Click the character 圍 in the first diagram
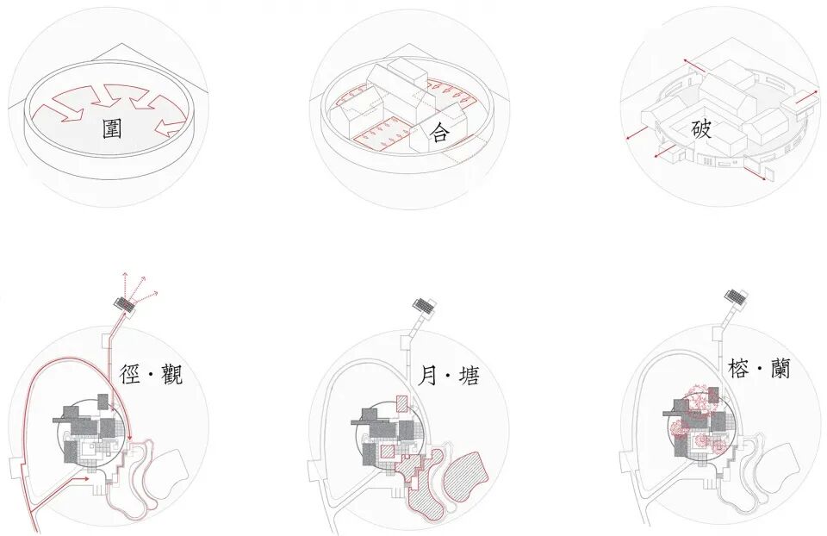[111, 128]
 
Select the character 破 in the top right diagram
[701, 130]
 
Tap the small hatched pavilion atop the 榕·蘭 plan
[734, 298]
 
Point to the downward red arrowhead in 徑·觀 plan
[129, 442]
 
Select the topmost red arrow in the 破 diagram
[697, 66]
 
